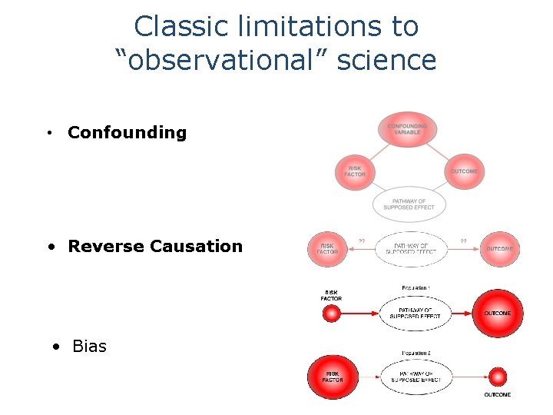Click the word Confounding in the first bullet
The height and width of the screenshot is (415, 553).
click(127, 132)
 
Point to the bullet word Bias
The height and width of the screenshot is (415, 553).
click(89, 346)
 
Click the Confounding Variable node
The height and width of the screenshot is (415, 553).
click(407, 129)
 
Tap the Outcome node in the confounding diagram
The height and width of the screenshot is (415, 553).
click(464, 171)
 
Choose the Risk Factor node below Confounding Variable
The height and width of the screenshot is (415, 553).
click(355, 171)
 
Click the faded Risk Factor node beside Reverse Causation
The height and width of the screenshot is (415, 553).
click(327, 248)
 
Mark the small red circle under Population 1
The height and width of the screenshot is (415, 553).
click(332, 314)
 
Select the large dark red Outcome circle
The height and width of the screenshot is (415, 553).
click(497, 313)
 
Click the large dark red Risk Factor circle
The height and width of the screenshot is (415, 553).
click(332, 377)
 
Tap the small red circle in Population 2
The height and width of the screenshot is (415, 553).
click(498, 377)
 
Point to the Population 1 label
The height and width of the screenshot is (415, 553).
click(416, 288)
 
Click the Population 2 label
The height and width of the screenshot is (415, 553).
click(416, 353)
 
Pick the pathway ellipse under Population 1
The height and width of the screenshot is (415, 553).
click(415, 314)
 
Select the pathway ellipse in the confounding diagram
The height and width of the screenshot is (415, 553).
click(409, 204)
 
